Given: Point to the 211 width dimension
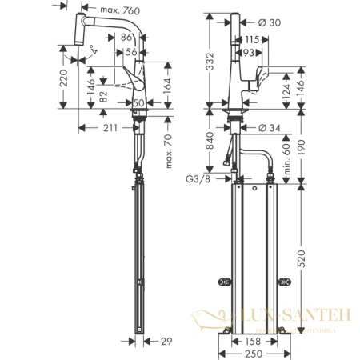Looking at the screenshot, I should click(x=110, y=128).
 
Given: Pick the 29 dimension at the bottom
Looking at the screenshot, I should click(x=166, y=342).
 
